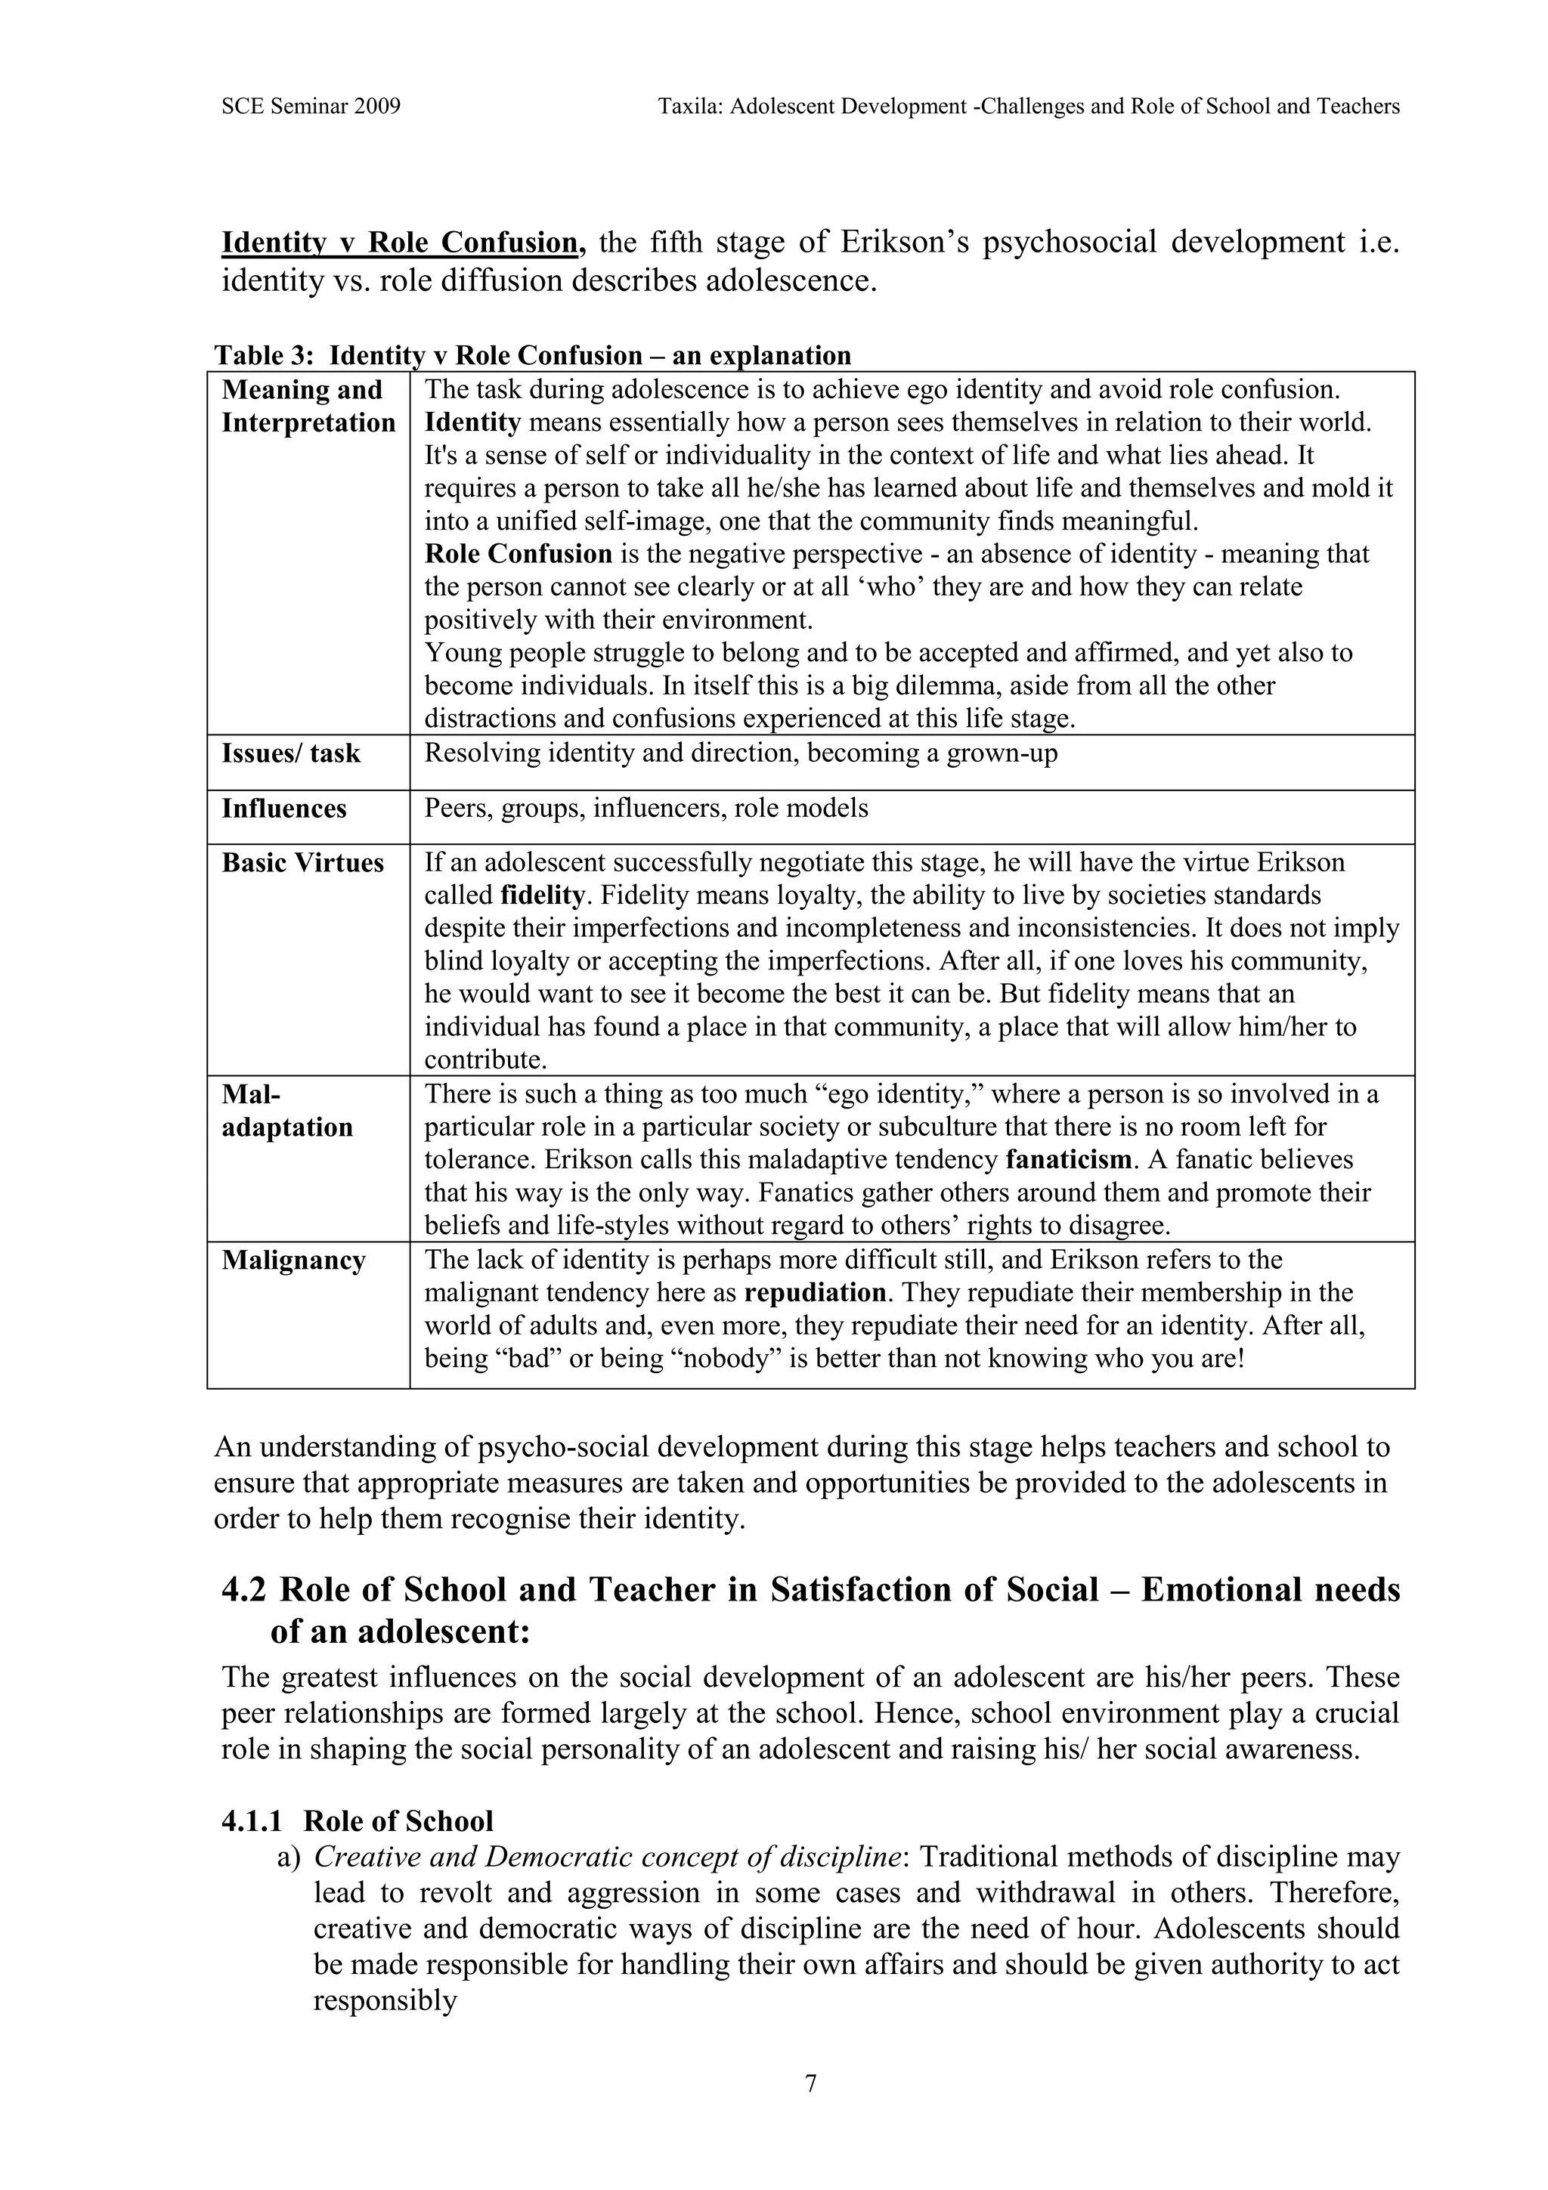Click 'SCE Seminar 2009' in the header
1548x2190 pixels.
click(310, 107)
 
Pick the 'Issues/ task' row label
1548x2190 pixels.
click(291, 753)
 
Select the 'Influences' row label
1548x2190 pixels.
click(284, 809)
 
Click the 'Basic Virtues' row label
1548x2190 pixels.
click(302, 863)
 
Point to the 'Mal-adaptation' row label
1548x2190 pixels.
click(287, 1110)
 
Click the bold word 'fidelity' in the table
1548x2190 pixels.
click(542, 895)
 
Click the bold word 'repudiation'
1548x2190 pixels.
click(816, 1294)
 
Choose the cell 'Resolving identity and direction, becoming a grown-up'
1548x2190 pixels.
click(740, 753)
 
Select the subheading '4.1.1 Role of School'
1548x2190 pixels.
click(357, 1821)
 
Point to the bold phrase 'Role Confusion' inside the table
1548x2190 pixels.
click(518, 554)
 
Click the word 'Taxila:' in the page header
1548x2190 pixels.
click(691, 107)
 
